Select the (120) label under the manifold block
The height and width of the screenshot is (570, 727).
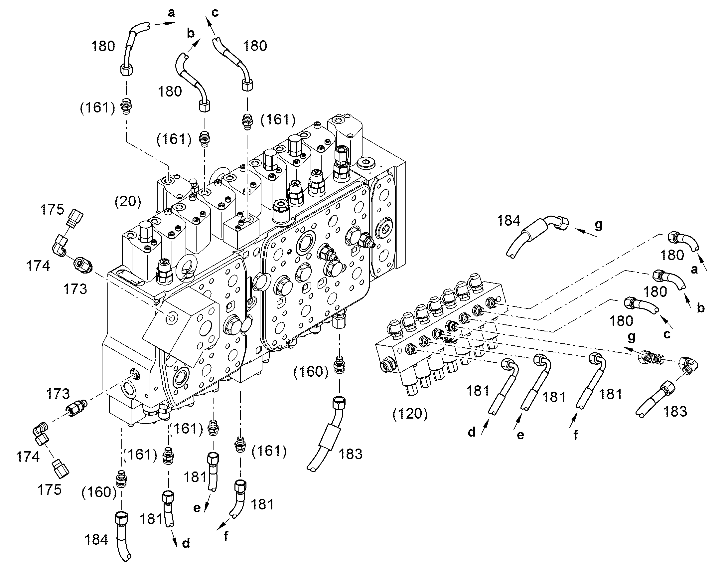tap(410, 414)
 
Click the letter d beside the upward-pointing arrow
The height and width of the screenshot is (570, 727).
tap(472, 432)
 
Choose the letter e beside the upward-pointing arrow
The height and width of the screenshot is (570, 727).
tap(520, 435)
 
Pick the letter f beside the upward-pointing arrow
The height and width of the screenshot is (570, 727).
tap(576, 435)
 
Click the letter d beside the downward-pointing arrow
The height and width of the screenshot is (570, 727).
tap(186, 543)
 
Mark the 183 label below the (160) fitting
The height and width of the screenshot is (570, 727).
tap(351, 454)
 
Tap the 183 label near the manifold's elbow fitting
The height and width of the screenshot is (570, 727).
tap(675, 412)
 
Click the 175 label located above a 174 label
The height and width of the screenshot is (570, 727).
tap(52, 210)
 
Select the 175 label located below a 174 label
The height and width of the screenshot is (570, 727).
tap(49, 489)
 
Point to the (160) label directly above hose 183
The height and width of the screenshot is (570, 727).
tap(311, 371)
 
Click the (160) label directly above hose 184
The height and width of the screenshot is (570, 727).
tap(99, 492)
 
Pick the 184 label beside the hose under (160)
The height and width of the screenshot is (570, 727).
tap(96, 540)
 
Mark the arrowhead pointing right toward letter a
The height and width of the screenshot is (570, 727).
tap(170, 23)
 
